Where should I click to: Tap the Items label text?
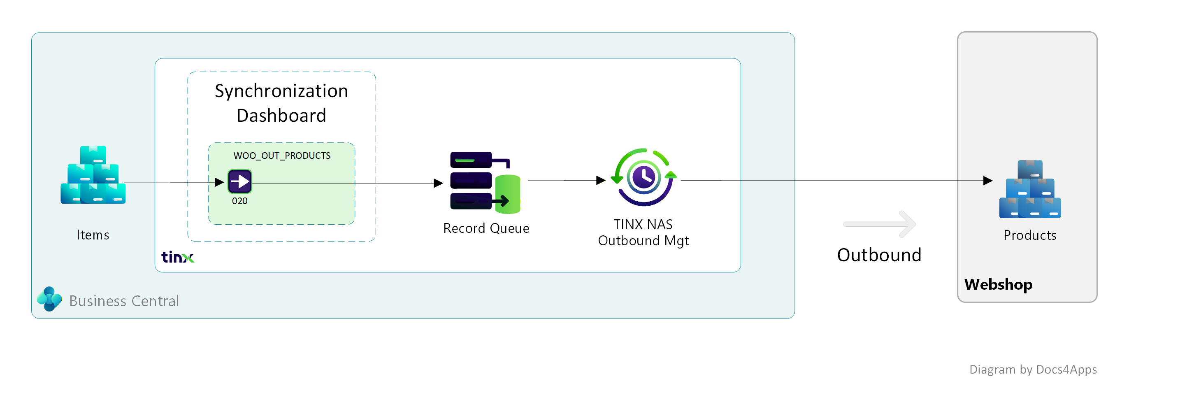pos(93,235)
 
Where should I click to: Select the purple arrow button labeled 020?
pos(239,181)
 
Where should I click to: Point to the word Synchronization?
pos(281,91)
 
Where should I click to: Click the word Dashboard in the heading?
pos(281,116)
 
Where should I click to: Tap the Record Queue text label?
pos(486,228)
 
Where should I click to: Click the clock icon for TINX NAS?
pos(644,177)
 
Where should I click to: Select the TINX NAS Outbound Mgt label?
pos(643,232)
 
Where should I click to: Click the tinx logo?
pos(178,257)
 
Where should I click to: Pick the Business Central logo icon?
pos(49,299)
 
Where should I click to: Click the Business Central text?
pos(124,301)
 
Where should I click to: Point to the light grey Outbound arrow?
pos(879,224)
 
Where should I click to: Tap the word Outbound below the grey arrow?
pos(879,255)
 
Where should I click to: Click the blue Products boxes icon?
pos(1030,189)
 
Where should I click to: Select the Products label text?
pos(1030,235)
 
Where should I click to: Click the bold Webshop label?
pos(998,284)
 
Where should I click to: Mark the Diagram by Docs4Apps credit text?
pos(1033,369)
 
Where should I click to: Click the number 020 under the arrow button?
pos(239,201)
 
